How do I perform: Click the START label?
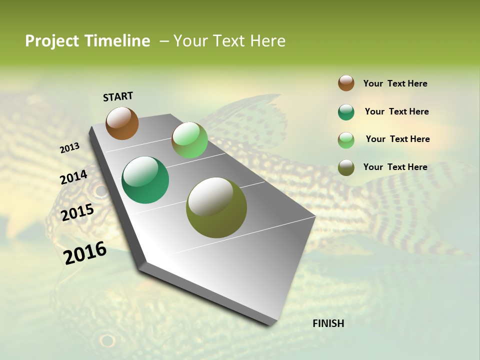pos(118,96)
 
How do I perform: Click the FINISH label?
pos(328,323)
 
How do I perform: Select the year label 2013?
pos(69,147)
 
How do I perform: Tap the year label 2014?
pos(73,177)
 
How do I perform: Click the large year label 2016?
pos(85,253)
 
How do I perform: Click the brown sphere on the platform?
pos(122,123)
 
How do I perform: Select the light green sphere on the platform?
pos(189,140)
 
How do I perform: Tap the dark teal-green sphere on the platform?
pos(145,180)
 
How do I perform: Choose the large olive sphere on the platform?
pos(216,207)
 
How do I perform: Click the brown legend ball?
pos(346,83)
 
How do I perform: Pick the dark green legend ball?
pos(346,112)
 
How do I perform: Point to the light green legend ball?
pos(346,140)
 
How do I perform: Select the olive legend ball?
pos(346,167)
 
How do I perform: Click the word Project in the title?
pos(52,41)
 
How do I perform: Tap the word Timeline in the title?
pos(117,41)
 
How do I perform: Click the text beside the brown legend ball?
pos(395,83)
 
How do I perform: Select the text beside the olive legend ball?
pos(395,167)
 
